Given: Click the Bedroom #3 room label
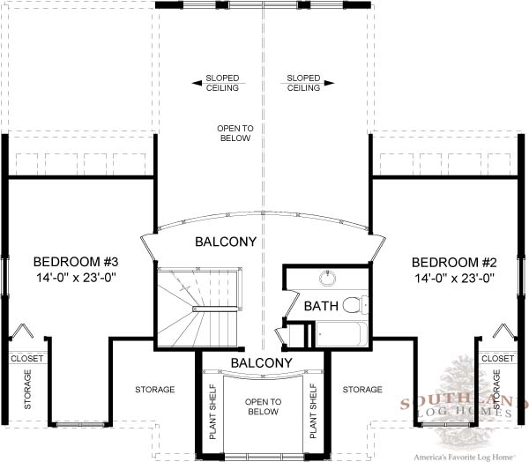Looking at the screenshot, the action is tap(76, 262).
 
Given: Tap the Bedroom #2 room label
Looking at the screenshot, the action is tap(454, 263).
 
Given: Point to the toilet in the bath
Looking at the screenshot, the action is tap(355, 305).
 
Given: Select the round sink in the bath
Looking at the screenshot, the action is tap(328, 278).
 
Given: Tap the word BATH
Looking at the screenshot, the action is tap(321, 306).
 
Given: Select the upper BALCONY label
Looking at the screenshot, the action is tap(226, 242).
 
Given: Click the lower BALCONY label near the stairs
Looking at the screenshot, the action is tap(262, 362).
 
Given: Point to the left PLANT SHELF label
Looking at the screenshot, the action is tap(212, 412).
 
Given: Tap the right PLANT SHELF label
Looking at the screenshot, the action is tap(313, 411).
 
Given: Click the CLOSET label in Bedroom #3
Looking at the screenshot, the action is tap(27, 358).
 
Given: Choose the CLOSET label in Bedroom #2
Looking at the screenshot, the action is tap(498, 358).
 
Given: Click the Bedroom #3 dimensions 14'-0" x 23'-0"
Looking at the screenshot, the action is tap(76, 278).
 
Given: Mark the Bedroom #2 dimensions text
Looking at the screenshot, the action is tap(454, 279).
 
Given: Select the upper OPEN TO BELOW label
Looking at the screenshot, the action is tap(235, 133).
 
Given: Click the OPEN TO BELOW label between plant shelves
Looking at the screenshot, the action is tap(263, 406).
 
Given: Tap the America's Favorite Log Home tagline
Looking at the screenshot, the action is tap(464, 458).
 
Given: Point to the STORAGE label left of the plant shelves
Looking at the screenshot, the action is tap(155, 390).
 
